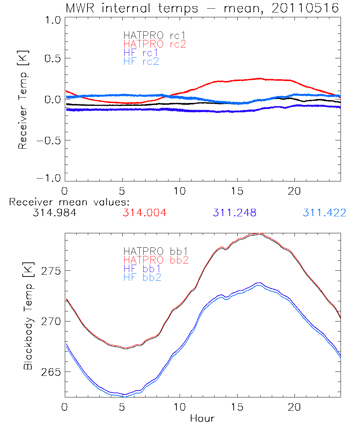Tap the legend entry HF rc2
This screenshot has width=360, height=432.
point(141,61)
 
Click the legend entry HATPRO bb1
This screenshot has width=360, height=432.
point(156,251)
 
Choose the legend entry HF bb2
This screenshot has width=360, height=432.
point(142,277)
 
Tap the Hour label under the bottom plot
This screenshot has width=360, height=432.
point(202,419)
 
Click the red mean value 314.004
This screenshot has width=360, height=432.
point(144,213)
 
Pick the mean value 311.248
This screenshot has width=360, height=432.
point(234,213)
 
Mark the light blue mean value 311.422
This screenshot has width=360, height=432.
point(324,213)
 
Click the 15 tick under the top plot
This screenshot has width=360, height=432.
point(237,190)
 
